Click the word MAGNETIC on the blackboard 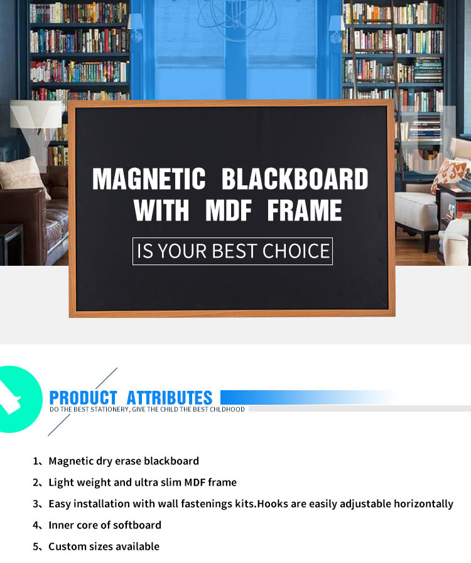tap(149, 179)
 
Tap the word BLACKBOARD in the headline tap(295, 179)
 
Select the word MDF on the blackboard tap(229, 210)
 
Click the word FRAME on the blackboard tap(305, 210)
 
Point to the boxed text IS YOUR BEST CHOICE tap(232, 251)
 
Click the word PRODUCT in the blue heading tap(84, 398)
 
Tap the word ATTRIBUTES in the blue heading tap(170, 398)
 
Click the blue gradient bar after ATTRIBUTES tap(309, 398)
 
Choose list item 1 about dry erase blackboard tap(116, 461)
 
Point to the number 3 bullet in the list tap(36, 504)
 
